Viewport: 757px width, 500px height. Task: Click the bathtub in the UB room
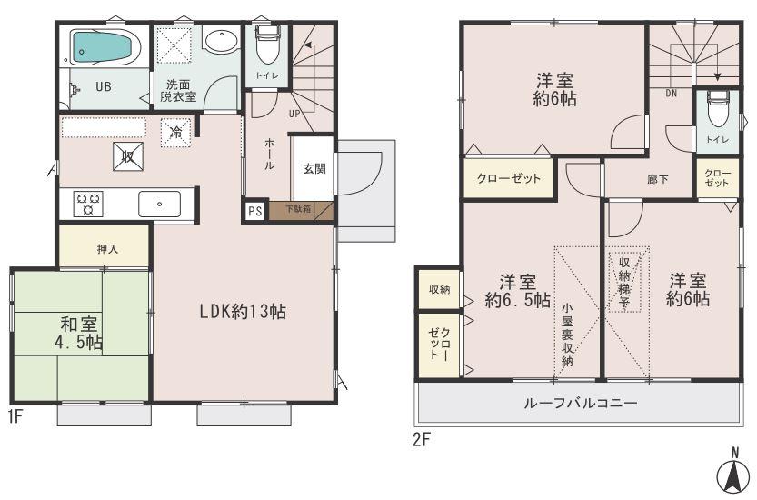(103, 45)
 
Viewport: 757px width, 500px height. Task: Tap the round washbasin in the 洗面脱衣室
(220, 42)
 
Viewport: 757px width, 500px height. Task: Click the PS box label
(254, 211)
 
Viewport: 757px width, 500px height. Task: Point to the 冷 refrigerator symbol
(175, 133)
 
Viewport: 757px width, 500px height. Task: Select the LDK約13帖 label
(244, 311)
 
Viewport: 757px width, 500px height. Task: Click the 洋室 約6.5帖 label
(517, 289)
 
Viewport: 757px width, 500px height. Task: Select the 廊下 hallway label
(657, 179)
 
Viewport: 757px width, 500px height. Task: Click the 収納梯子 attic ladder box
(626, 280)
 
